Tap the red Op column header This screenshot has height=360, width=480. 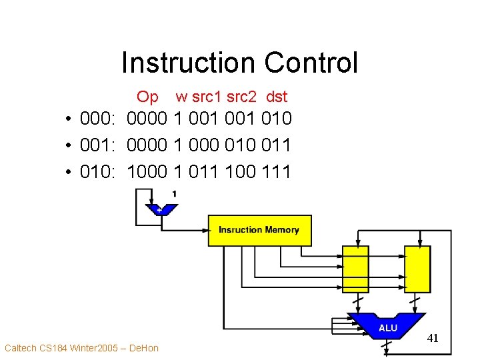click(147, 97)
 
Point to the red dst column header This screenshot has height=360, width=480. click(276, 97)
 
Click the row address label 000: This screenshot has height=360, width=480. click(99, 119)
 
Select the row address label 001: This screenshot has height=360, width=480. click(99, 145)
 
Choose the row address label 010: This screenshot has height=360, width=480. click(99, 172)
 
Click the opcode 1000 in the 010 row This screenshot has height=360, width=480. click(147, 172)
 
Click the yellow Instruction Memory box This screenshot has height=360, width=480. click(259, 230)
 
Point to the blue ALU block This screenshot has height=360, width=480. click(387, 326)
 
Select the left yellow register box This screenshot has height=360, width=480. click(355, 268)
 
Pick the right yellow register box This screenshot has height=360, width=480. click(417, 268)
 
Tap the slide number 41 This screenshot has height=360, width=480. click(433, 338)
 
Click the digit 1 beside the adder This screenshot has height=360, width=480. click(174, 194)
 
